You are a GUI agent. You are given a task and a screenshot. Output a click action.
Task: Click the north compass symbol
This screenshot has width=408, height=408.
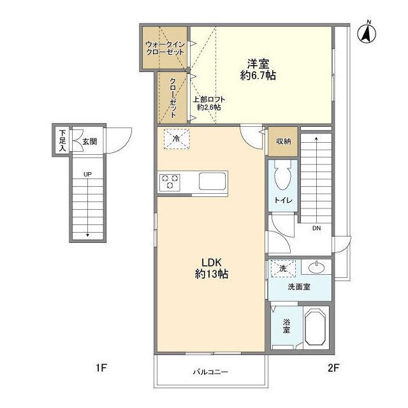(367, 33)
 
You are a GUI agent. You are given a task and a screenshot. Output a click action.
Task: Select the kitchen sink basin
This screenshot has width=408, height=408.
(212, 181)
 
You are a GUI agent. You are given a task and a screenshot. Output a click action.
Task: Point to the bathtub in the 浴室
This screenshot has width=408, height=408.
(315, 327)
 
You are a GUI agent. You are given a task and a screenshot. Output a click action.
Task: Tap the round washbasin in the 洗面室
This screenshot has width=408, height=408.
(316, 267)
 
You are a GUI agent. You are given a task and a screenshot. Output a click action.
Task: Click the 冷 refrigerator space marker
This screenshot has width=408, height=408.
(177, 139)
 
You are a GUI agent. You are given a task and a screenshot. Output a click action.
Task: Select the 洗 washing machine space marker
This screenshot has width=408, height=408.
(283, 268)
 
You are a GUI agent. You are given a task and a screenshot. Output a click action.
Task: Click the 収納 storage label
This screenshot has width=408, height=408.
(283, 142)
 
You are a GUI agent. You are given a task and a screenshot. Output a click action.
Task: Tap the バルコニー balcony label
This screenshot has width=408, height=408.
(210, 372)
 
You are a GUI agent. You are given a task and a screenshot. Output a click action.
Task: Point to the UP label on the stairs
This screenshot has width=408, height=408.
(87, 174)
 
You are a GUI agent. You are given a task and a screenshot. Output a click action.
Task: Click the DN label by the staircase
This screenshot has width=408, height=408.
(316, 228)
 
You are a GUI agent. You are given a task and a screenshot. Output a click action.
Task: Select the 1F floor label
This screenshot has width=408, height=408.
(101, 368)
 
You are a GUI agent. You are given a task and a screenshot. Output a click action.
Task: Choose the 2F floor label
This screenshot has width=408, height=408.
(333, 368)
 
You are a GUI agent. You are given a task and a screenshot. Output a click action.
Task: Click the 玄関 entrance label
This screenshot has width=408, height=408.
(90, 142)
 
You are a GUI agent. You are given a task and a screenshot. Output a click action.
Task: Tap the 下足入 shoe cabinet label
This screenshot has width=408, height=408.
(62, 140)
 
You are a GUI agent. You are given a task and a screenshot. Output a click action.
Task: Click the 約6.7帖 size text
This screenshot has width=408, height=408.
(258, 75)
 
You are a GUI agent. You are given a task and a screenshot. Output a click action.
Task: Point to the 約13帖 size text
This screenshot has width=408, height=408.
(212, 273)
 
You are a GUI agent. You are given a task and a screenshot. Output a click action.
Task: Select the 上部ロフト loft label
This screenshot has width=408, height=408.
(209, 99)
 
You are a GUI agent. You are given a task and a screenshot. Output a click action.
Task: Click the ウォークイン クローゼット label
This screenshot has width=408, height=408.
(165, 48)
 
